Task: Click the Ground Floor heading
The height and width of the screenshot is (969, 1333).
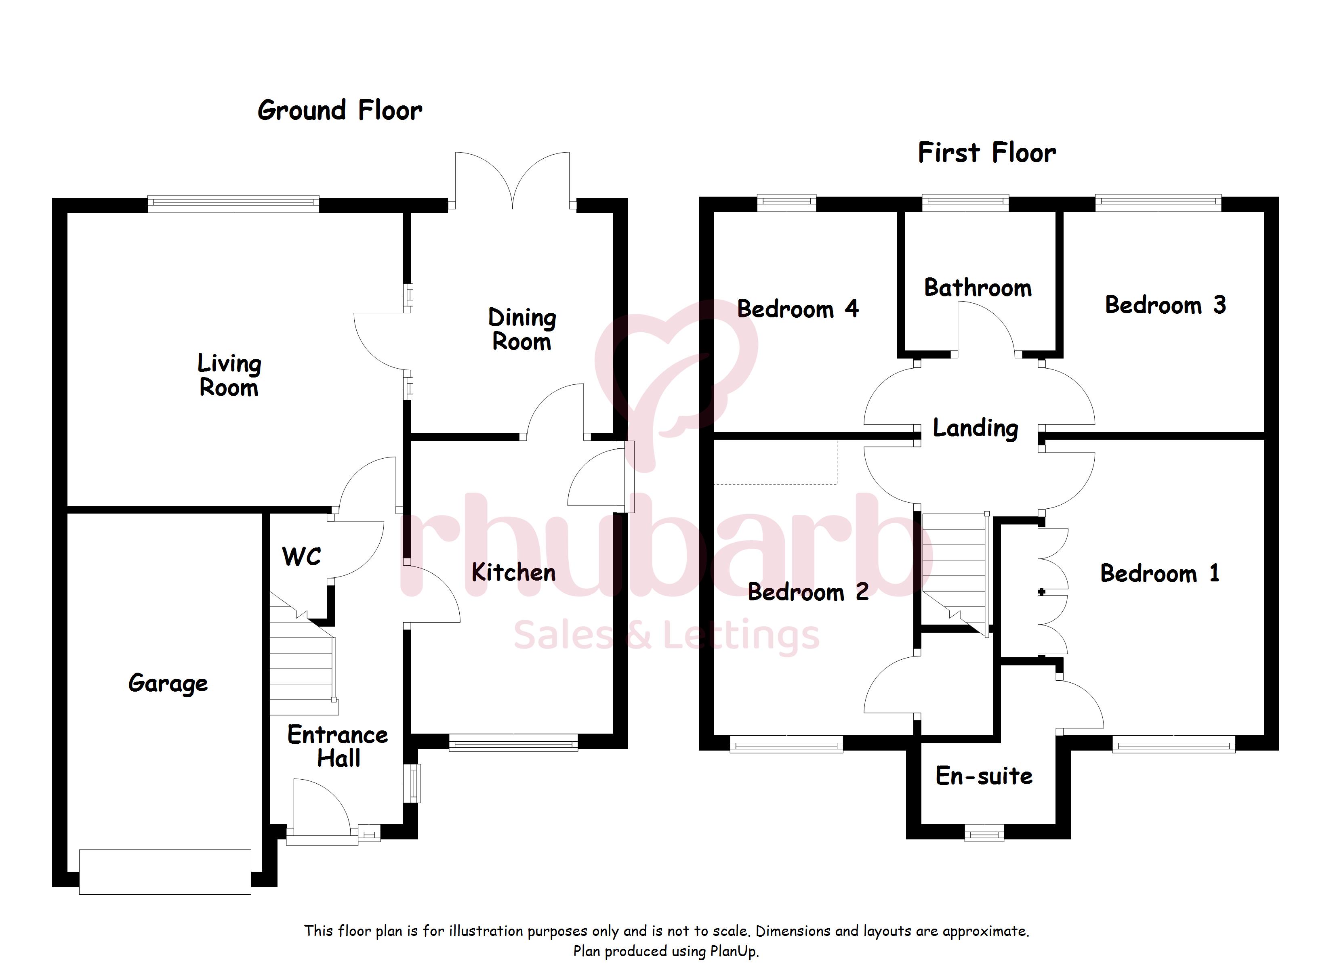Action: click(340, 111)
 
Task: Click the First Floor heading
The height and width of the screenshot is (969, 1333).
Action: click(987, 153)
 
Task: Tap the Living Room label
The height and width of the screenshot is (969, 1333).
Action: click(229, 375)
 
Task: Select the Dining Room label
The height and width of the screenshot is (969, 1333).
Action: click(522, 329)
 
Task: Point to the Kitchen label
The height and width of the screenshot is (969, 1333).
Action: click(514, 573)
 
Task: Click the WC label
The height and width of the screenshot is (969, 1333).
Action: click(301, 556)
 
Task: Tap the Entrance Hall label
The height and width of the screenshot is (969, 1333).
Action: click(338, 746)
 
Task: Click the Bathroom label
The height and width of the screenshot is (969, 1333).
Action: click(978, 288)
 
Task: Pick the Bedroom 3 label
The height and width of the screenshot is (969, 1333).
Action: click(1165, 305)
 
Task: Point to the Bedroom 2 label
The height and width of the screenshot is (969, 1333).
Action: click(808, 592)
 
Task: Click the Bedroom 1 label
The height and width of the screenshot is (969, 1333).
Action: click(1160, 573)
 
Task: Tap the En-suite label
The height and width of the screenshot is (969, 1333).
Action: click(984, 776)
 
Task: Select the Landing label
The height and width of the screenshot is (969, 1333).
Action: click(976, 428)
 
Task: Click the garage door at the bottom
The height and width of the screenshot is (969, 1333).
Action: click(165, 872)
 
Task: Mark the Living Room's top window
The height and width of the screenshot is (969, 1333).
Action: click(233, 204)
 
